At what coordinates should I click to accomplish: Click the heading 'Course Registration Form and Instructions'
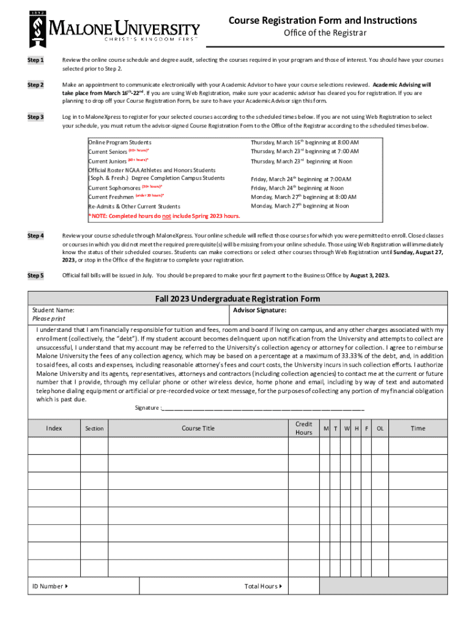[323, 21]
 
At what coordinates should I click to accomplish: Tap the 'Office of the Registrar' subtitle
[325, 33]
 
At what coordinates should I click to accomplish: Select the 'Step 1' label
[35, 60]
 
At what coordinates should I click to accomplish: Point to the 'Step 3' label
[35, 116]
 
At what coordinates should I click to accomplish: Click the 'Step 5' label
[35, 276]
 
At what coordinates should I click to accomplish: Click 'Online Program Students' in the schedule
[120, 142]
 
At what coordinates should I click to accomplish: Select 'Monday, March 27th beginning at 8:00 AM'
[303, 197]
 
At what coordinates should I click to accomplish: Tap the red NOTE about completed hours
[164, 216]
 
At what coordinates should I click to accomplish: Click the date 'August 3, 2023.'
[369, 276]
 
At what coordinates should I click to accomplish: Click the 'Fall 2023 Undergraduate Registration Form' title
[237, 299]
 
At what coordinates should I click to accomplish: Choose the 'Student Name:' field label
[53, 310]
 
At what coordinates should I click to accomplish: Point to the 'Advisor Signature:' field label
[260, 310]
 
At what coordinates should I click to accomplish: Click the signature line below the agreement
[263, 408]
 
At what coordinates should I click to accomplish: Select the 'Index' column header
[54, 428]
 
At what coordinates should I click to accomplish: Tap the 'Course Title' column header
[198, 428]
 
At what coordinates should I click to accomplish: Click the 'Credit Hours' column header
[303, 428]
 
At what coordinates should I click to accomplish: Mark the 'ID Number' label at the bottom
[50, 586]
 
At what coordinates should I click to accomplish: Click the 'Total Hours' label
[262, 586]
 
